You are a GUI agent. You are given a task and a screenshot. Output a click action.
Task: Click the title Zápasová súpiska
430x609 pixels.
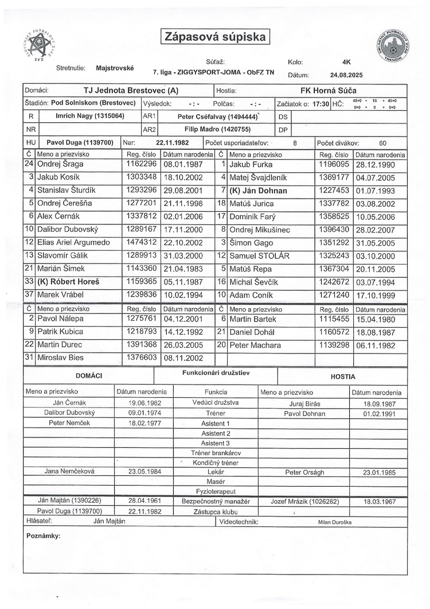tap(215, 37)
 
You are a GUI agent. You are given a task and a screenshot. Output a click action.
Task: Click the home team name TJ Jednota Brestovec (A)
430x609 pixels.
tap(131, 91)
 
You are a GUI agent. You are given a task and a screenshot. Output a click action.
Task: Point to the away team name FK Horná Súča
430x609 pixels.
tap(328, 91)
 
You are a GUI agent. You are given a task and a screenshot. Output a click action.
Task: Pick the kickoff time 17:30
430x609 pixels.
tap(321, 104)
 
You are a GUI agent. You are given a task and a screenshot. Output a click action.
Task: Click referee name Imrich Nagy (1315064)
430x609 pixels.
tap(89, 117)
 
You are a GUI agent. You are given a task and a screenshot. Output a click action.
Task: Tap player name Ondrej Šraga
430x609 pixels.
tap(60, 164)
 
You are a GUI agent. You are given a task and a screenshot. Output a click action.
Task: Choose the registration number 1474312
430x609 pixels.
tap(140, 242)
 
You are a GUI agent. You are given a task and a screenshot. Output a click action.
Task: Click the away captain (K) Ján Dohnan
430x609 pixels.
tap(258, 191)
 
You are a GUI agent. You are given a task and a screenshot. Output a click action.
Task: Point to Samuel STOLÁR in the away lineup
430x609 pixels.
tap(260, 255)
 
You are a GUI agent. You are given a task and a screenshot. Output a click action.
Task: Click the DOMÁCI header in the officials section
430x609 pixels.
tap(89, 375)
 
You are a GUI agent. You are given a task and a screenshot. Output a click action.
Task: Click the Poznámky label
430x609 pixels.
tap(44, 536)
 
